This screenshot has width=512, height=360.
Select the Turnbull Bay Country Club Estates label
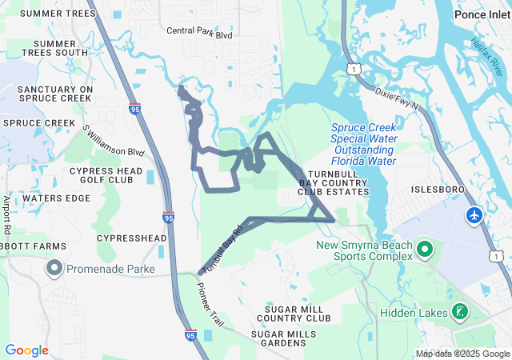pyautogui.click(x=334, y=183)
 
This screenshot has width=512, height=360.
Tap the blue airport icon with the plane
pyautogui.click(x=474, y=216)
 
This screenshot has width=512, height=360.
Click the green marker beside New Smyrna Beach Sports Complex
pyautogui.click(x=425, y=250)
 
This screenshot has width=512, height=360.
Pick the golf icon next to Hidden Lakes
pyautogui.click(x=460, y=311)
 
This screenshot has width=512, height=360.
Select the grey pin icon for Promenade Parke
pyautogui.click(x=54, y=266)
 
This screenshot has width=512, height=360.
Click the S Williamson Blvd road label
pyautogui.click(x=113, y=141)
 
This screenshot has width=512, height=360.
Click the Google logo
pyautogui.click(x=27, y=350)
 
